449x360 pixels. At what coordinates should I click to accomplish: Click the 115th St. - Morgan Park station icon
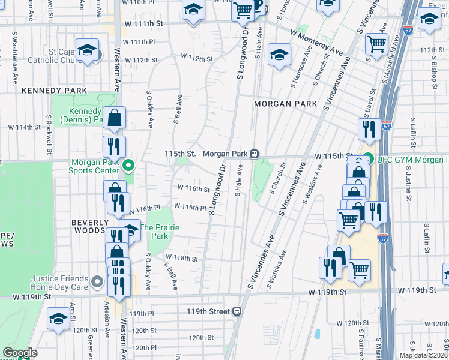255,154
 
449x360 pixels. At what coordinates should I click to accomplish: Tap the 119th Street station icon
238,311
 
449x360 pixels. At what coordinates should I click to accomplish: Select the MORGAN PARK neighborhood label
285,104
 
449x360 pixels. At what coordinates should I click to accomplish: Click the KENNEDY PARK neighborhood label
55,91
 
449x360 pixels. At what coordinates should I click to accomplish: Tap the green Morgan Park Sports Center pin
128,165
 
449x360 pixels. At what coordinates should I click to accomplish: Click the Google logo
20,353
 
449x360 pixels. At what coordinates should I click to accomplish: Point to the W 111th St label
143,23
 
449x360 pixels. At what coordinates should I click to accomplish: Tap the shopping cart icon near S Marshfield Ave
376,43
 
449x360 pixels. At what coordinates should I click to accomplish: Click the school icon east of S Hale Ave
279,55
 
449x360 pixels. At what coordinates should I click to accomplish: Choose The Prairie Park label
154,232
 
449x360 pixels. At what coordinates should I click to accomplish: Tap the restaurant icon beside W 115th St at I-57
369,128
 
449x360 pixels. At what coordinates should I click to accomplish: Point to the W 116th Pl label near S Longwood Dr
190,207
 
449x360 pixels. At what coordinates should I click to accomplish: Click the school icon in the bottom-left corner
59,318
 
